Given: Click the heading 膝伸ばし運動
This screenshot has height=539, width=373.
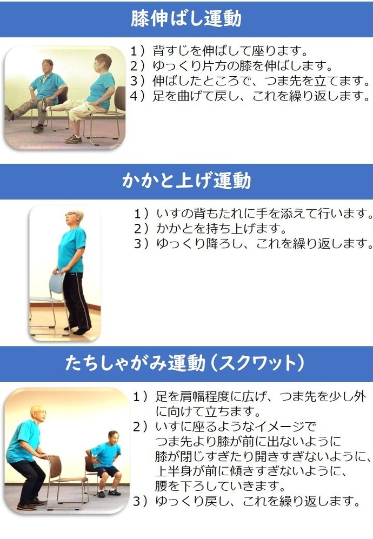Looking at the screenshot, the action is [186, 18].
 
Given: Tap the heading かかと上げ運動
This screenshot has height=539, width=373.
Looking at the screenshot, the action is [186, 181].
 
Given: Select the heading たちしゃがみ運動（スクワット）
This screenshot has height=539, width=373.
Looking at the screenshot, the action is [185, 363].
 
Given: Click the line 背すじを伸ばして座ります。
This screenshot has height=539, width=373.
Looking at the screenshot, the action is [230, 51].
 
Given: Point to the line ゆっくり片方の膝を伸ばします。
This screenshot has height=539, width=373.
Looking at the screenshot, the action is [243, 65].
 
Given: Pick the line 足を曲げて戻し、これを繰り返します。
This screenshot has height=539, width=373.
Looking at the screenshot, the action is [262, 96].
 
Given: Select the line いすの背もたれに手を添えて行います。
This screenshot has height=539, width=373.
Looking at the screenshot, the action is [264, 214].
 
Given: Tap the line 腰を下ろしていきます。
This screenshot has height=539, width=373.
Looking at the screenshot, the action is [221, 487].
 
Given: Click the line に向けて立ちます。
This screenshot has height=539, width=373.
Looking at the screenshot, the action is [208, 411].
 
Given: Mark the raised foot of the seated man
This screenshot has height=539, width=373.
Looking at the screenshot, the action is [9, 113].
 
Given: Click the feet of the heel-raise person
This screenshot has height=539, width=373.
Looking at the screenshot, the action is [78, 330].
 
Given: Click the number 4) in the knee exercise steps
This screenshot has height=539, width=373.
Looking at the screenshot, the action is [139, 96].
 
